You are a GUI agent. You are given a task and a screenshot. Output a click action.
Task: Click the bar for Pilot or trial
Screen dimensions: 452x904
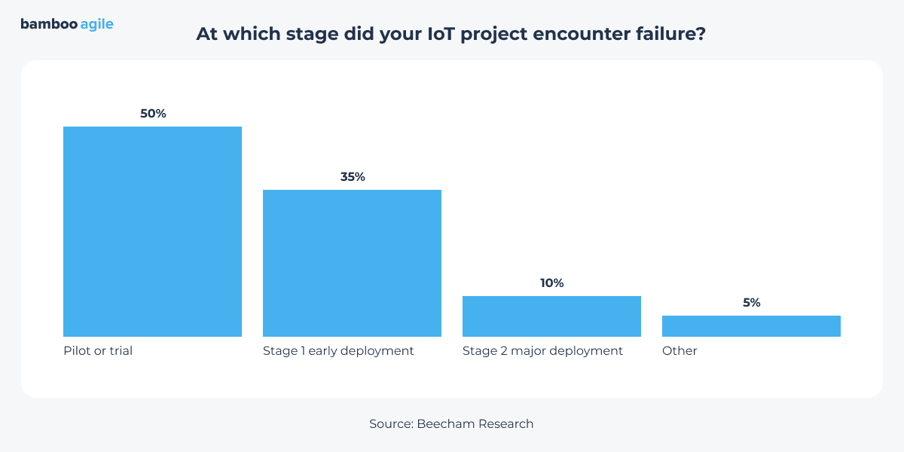pyautogui.click(x=152, y=231)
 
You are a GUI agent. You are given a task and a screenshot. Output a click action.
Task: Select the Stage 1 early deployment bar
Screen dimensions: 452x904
pyautogui.click(x=352, y=263)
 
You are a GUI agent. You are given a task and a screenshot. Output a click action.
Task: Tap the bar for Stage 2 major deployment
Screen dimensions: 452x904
pyautogui.click(x=551, y=316)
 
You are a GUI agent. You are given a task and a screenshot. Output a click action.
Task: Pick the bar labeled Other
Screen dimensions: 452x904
pyautogui.click(x=751, y=326)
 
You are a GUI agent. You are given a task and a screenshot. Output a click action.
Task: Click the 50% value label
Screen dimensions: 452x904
pyautogui.click(x=152, y=114)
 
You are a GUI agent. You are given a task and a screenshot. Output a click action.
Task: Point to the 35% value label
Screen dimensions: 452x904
pyautogui.click(x=352, y=177)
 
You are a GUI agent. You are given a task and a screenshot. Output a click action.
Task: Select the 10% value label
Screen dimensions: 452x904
pyautogui.click(x=551, y=283)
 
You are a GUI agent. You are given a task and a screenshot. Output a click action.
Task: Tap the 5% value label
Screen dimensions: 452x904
pyautogui.click(x=751, y=303)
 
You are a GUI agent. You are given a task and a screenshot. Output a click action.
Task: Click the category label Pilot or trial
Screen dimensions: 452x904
pyautogui.click(x=98, y=351)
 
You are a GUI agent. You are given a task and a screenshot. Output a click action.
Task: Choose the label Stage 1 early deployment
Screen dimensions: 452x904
pyautogui.click(x=338, y=351)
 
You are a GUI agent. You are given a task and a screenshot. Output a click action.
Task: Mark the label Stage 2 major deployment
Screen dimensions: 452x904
pyautogui.click(x=542, y=351)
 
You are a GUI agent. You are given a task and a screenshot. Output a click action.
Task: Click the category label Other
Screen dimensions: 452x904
pyautogui.click(x=680, y=351)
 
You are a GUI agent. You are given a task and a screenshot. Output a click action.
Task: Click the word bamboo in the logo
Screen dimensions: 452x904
pyautogui.click(x=48, y=24)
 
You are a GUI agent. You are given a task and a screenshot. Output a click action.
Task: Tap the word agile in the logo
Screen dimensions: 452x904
pyautogui.click(x=96, y=25)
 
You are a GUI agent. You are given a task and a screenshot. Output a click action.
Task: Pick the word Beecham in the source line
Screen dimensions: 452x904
pyautogui.click(x=445, y=424)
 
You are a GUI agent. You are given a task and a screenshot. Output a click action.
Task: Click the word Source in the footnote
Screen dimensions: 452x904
pyautogui.click(x=389, y=424)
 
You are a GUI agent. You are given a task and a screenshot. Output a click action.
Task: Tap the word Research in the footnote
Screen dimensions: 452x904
pyautogui.click(x=505, y=424)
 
